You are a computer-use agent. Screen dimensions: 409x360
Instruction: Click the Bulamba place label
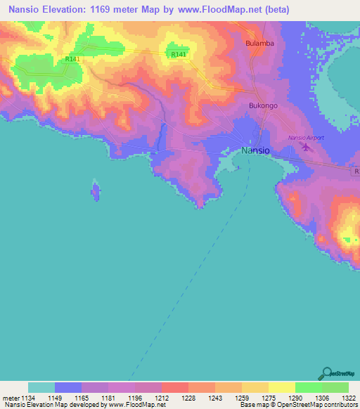click(259, 43)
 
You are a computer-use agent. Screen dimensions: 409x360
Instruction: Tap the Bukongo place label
click(259, 105)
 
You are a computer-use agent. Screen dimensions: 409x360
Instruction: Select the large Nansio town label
click(255, 150)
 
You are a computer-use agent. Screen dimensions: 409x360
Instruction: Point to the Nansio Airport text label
click(306, 138)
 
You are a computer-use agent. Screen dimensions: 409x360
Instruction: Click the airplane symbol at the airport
click(304, 148)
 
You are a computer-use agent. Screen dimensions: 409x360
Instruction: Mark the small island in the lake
click(95, 190)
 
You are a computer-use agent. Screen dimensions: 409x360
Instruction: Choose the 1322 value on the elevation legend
click(348, 398)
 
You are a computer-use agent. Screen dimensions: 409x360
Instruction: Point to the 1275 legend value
click(268, 398)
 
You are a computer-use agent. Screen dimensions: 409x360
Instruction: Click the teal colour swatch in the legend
click(41, 387)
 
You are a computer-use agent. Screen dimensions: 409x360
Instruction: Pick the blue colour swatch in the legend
click(68, 387)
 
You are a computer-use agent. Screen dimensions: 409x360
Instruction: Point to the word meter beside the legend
click(11, 398)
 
